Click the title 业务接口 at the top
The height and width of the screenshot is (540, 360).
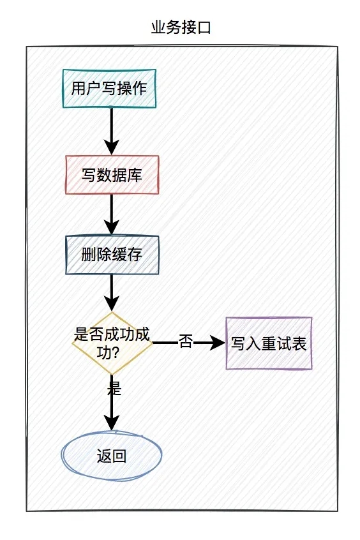180,27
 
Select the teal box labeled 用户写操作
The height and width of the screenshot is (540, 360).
109,88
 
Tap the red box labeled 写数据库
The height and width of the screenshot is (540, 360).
112,175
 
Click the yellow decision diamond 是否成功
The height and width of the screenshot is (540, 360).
112,343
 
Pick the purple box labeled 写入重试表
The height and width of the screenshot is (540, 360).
269,343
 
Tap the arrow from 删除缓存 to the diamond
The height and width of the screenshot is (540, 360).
112,293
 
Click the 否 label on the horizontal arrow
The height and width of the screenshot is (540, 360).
185,342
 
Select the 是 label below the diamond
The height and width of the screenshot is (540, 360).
114,387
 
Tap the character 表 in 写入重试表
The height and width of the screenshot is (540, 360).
299,344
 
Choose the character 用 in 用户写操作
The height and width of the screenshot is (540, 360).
78,88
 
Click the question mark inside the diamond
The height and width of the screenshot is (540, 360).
126,352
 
